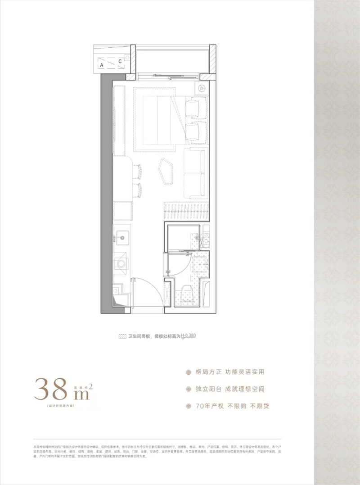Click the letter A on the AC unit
pos(102,65)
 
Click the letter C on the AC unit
pos(120,61)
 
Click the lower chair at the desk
pos(138,190)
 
